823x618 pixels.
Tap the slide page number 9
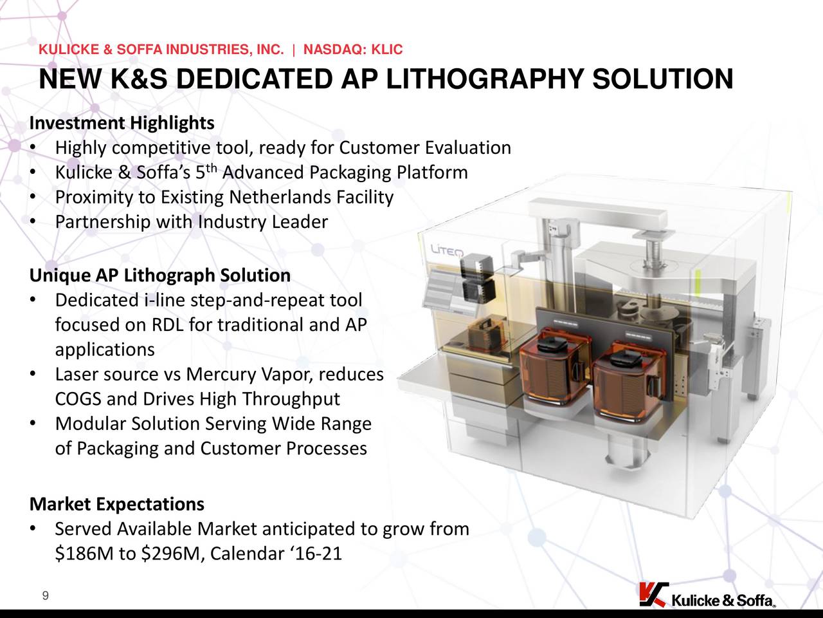tap(46, 595)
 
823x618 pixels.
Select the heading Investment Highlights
tap(122, 123)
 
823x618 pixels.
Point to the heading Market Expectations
tap(117, 504)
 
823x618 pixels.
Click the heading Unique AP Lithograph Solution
tap(160, 275)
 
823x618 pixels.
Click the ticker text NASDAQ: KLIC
tap(353, 49)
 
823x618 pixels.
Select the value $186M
tap(84, 554)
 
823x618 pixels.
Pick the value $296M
tap(171, 554)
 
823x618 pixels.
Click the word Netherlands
tap(280, 197)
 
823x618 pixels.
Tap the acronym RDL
tap(168, 324)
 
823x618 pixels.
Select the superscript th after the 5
tap(212, 168)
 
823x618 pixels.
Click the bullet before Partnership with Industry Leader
tap(33, 221)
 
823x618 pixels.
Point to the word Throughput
tap(291, 399)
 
